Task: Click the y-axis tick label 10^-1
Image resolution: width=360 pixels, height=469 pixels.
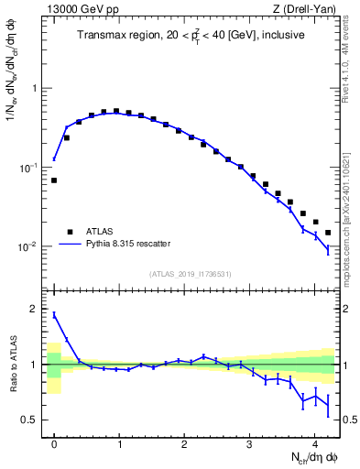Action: point(30,168)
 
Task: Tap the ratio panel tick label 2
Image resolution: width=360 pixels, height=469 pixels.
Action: point(34,310)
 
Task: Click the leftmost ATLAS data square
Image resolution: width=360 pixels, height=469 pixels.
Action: point(54,180)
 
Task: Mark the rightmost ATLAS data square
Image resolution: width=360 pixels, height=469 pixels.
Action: point(328,233)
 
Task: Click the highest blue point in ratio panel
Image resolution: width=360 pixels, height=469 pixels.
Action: point(54,314)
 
